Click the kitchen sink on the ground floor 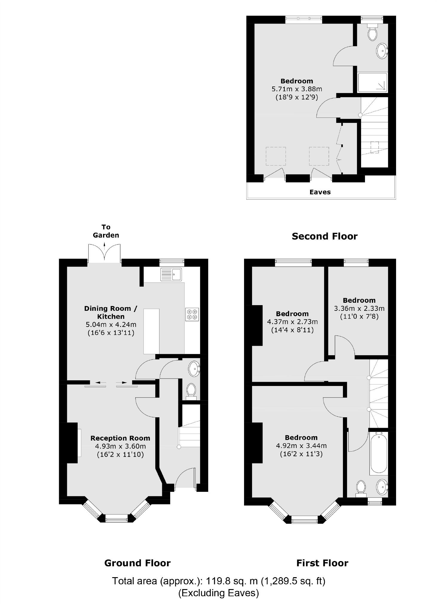(171, 274)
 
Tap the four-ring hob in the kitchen (192, 314)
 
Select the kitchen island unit (151, 331)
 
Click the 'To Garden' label (106, 231)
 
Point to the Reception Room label (120, 438)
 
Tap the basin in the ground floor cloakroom (194, 369)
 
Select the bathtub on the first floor (378, 453)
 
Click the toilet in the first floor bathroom (361, 487)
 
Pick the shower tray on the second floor (372, 82)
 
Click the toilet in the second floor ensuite (372, 33)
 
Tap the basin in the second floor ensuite (381, 51)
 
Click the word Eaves (320, 192)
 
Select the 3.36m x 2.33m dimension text (359, 308)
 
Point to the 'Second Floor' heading (324, 236)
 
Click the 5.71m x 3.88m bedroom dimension (297, 89)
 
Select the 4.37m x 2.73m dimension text (292, 322)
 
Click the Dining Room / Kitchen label (111, 312)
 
